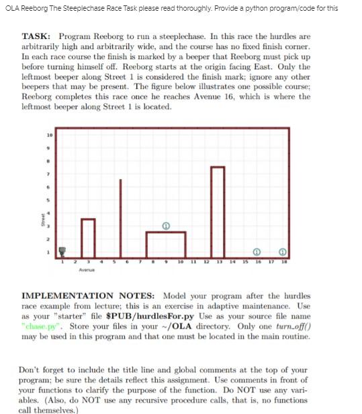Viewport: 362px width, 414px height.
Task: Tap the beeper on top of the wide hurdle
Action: pyautogui.click(x=165, y=225)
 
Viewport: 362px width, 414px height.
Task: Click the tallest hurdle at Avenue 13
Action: pyautogui.click(x=217, y=211)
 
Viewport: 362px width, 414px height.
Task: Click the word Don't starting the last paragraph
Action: pyautogui.click(x=32, y=370)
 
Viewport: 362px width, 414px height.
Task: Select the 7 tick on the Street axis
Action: pyautogui.click(x=48, y=174)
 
